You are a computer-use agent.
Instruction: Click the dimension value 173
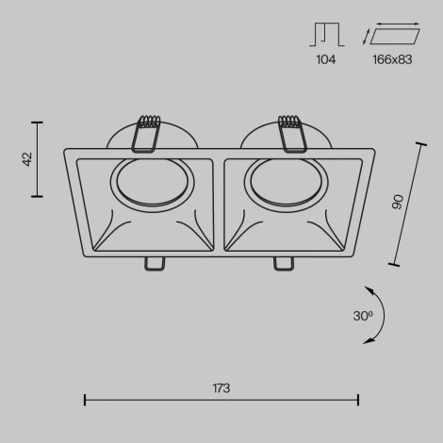click(x=221, y=387)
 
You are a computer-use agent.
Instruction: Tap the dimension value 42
click(x=27, y=158)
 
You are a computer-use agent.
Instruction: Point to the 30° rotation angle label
click(x=362, y=317)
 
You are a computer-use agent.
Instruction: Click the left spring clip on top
click(x=147, y=133)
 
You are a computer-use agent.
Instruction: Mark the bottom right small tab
click(x=282, y=263)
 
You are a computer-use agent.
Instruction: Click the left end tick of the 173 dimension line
click(x=85, y=401)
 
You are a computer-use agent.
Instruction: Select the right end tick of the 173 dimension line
click(x=358, y=401)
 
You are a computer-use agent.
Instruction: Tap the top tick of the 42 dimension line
click(x=38, y=122)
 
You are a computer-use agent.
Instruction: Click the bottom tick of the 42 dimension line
click(x=38, y=195)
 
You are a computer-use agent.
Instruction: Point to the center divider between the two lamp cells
click(x=221, y=205)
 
